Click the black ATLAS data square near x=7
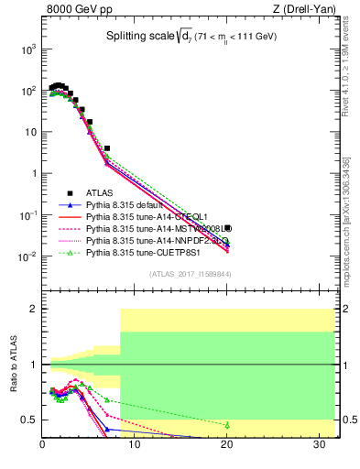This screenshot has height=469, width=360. coord(107,147)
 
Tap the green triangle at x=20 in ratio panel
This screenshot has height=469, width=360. coord(226,425)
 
